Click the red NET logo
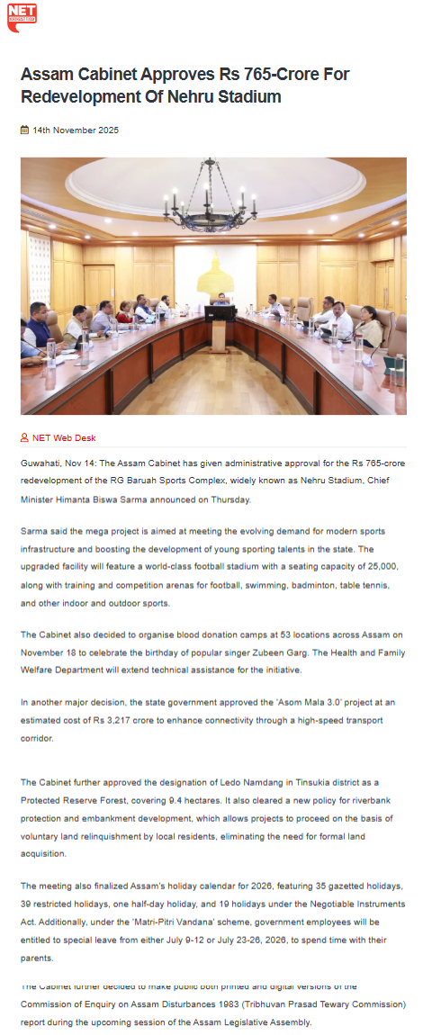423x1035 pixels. pos(22,17)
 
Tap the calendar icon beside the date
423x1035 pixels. pos(24,130)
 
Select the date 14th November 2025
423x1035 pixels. pos(76,130)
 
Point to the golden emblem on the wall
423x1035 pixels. pos(215,270)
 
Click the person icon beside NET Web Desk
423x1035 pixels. pos(24,438)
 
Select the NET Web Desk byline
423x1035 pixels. pos(63,438)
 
